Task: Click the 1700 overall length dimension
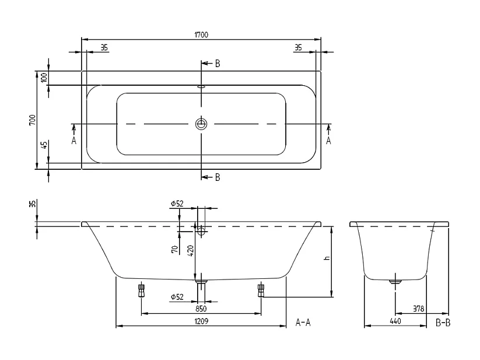pos(201,35)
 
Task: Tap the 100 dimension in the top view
pos(43,78)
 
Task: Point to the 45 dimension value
pos(43,145)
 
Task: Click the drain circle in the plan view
pos(201,124)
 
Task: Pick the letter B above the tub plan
pos(217,64)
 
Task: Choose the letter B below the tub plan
pos(217,177)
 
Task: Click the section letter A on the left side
pos(74,141)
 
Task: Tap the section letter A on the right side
pos(328,141)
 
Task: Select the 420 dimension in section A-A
pos(190,250)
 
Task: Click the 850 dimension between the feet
pos(201,308)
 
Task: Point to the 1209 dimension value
pos(201,321)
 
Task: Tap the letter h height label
pos(327,258)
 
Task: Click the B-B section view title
pos(443,322)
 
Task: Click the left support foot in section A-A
pos(141,290)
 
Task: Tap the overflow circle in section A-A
pos(201,231)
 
